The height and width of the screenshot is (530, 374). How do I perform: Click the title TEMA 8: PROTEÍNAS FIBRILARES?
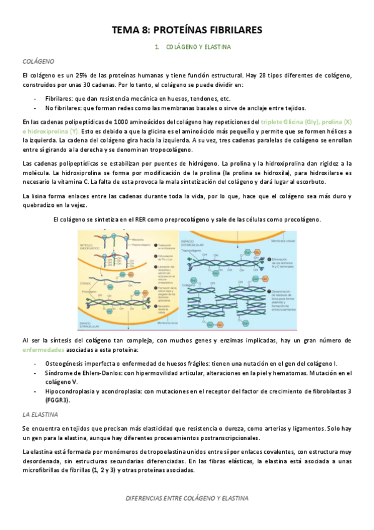tap(187, 29)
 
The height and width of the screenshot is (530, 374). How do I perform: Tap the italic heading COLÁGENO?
tap(38, 62)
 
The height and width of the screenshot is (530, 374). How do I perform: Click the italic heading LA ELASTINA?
tap(41, 414)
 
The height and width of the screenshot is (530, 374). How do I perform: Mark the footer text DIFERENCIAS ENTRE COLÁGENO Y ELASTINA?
tap(187, 498)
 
